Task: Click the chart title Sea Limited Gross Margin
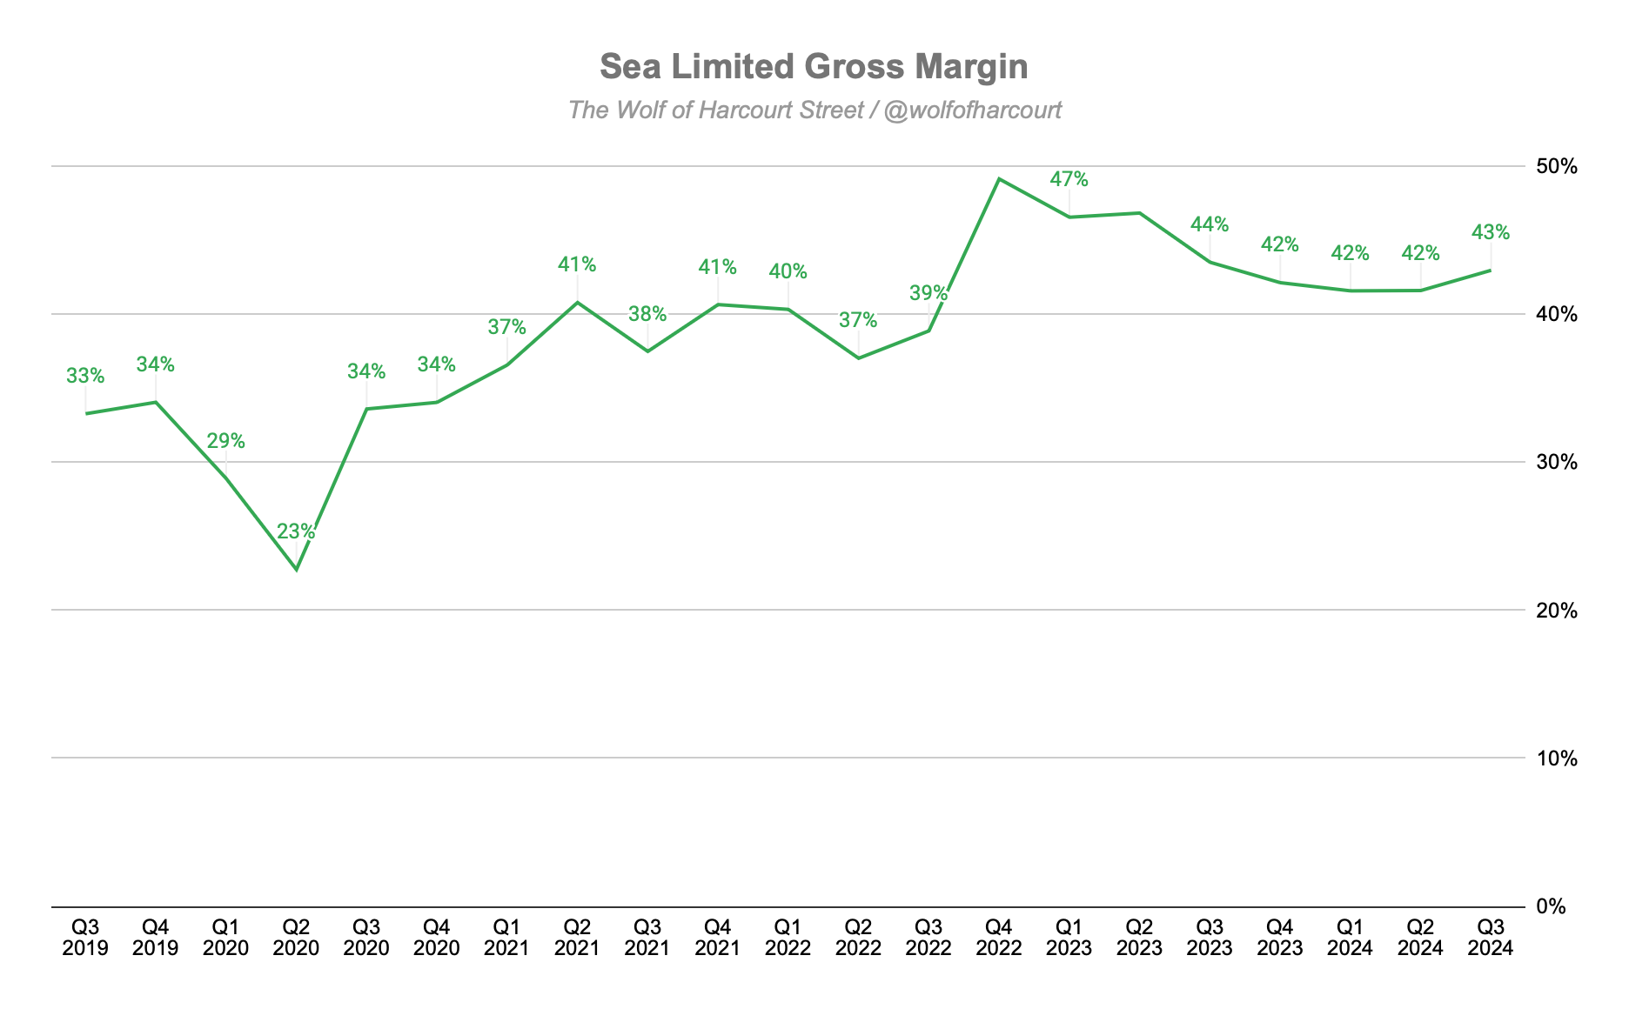(x=814, y=67)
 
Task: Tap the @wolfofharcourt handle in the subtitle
(x=972, y=110)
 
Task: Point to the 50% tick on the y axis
(x=1557, y=166)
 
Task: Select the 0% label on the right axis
(x=1563, y=906)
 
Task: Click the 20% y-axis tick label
(x=1557, y=611)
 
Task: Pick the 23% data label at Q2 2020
(x=296, y=531)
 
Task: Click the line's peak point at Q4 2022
(x=999, y=179)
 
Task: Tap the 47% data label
(x=1069, y=179)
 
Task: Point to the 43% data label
(x=1491, y=232)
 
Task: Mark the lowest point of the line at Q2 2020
(x=297, y=570)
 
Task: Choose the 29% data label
(x=225, y=441)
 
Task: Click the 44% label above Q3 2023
(x=1210, y=224)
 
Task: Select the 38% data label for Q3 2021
(x=647, y=313)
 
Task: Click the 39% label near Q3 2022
(x=928, y=292)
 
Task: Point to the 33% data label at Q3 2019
(x=85, y=376)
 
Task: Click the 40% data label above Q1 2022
(x=788, y=271)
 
